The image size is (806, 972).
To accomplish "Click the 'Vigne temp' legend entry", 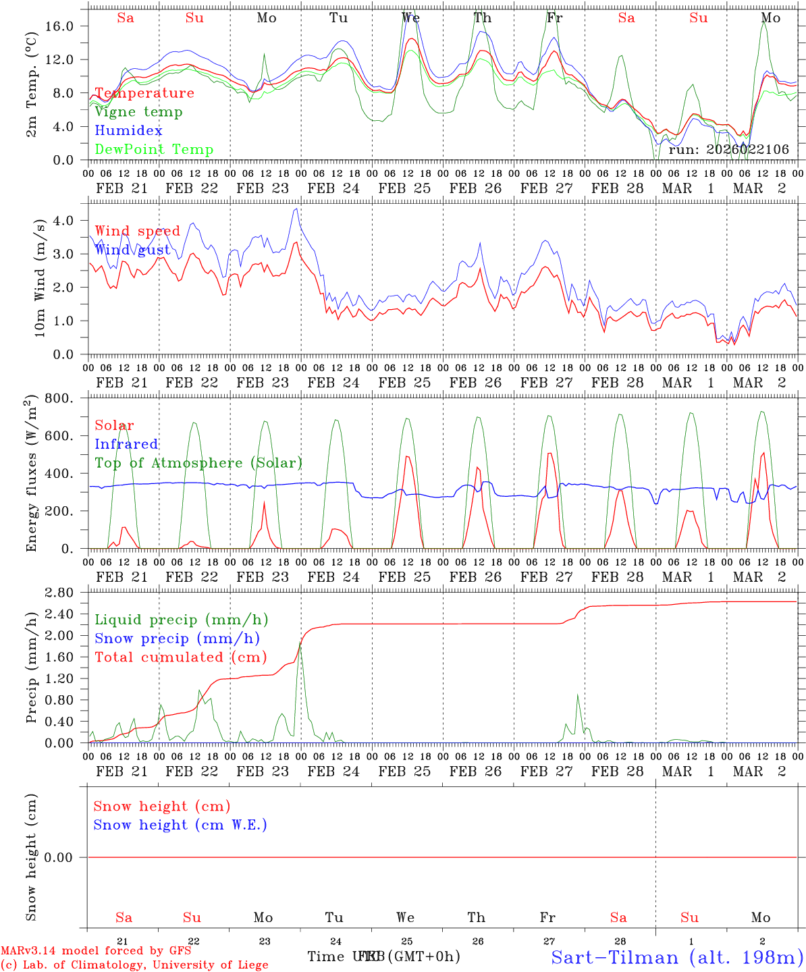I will [x=138, y=112].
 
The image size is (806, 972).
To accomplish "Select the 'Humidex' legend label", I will [x=128, y=131].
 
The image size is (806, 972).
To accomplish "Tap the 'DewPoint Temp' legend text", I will [x=154, y=150].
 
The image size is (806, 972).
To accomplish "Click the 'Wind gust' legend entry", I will [x=132, y=250].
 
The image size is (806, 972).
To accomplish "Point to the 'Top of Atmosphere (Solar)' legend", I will [x=198, y=463].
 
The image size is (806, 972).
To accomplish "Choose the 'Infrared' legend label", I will [x=126, y=444].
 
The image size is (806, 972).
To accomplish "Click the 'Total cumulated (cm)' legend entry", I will [x=181, y=657].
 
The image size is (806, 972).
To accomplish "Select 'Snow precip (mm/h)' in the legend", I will [x=177, y=639].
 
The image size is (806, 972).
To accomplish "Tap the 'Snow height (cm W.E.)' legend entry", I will [x=180, y=825].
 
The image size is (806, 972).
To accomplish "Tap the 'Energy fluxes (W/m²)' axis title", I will [x=32, y=474].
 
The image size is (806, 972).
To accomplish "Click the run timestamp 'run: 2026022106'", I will [x=728, y=150].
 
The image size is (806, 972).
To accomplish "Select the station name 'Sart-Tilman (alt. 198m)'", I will [x=676, y=957].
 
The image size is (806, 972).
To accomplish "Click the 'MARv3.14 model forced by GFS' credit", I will [x=96, y=951].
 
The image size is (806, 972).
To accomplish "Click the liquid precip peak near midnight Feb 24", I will [x=300, y=645].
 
